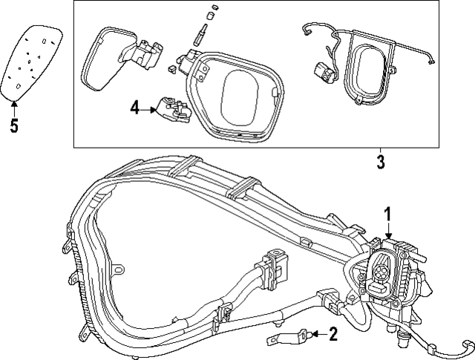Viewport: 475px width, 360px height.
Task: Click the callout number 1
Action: click(x=387, y=215)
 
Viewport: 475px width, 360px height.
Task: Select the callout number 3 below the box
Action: click(x=380, y=162)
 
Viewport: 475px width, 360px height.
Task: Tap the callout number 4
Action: click(x=134, y=108)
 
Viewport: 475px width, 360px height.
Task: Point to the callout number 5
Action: click(x=13, y=125)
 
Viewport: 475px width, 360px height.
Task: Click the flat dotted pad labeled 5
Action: click(x=34, y=59)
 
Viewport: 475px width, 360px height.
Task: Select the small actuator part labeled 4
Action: click(x=171, y=109)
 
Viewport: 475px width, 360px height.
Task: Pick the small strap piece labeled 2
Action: click(x=284, y=338)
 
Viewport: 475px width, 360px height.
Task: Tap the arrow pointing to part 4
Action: click(x=148, y=108)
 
